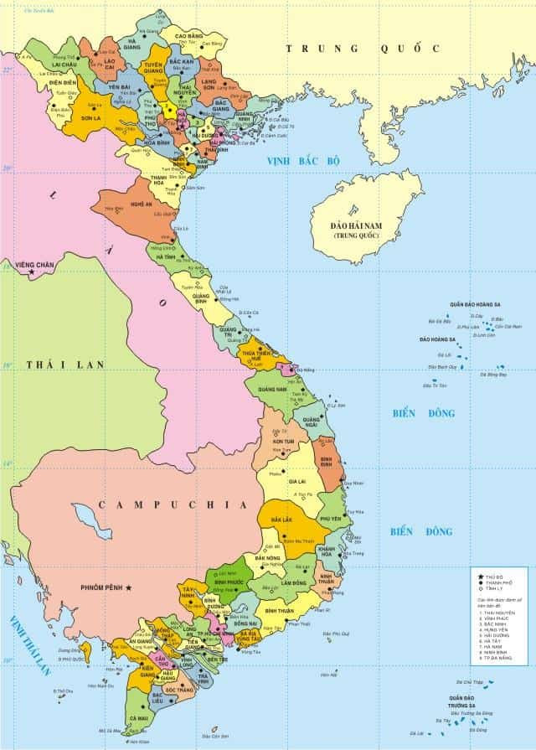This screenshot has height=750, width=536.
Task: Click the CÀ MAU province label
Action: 139,718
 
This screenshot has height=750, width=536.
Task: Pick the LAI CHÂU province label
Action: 64,65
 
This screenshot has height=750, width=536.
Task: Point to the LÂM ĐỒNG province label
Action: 293,582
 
